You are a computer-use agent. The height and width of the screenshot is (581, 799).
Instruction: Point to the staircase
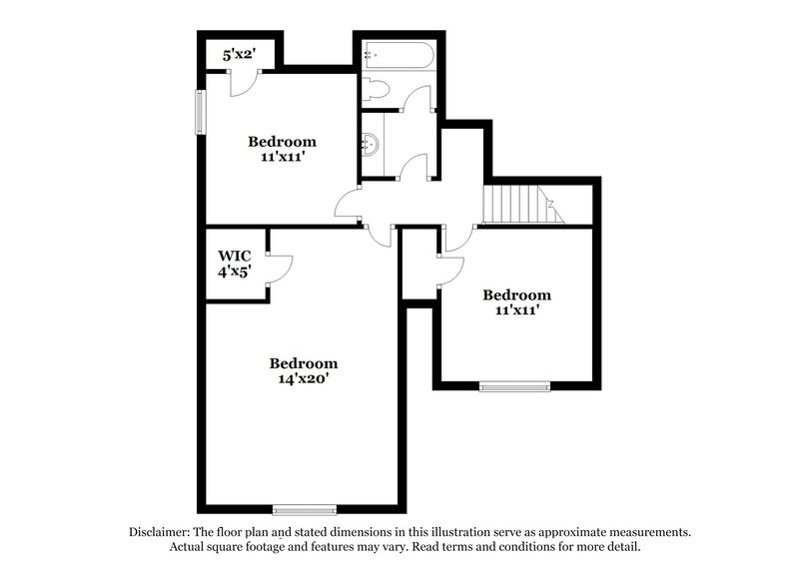click(x=519, y=206)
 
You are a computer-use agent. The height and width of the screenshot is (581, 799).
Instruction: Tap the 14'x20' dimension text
click(x=303, y=379)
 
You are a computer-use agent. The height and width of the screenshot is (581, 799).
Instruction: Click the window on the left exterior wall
click(x=200, y=112)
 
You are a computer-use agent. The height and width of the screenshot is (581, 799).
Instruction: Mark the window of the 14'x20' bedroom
click(x=304, y=510)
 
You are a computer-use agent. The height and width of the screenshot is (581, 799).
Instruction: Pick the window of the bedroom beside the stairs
click(x=514, y=386)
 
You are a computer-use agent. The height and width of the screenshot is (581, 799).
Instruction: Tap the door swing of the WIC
click(x=280, y=271)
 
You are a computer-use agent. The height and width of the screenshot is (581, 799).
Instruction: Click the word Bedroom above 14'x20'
click(x=303, y=363)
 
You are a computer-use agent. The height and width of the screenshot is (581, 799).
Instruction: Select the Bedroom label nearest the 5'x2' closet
click(x=283, y=141)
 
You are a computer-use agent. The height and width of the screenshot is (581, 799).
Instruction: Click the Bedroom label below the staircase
click(x=516, y=294)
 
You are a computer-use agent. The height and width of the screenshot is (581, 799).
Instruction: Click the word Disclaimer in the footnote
click(x=162, y=532)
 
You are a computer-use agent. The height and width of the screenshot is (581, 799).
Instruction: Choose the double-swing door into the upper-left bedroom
click(x=351, y=207)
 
